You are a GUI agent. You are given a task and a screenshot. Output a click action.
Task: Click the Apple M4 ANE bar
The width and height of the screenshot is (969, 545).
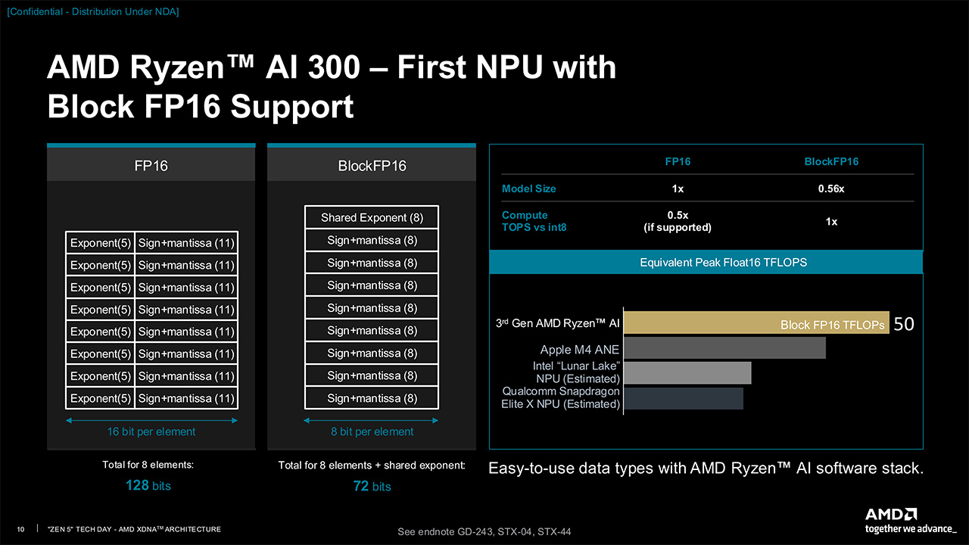pyautogui.click(x=724, y=348)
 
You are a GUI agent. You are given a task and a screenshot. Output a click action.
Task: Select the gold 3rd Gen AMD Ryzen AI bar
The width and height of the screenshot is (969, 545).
pyautogui.click(x=756, y=322)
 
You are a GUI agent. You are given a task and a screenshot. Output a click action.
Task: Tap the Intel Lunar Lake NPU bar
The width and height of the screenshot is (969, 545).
pyautogui.click(x=687, y=372)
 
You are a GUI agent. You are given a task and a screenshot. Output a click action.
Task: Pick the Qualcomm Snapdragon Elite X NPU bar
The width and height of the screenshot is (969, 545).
pyautogui.click(x=684, y=397)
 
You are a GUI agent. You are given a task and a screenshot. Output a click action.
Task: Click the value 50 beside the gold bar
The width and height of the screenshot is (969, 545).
pyautogui.click(x=904, y=324)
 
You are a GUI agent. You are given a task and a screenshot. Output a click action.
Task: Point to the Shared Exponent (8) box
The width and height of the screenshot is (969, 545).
pyautogui.click(x=372, y=217)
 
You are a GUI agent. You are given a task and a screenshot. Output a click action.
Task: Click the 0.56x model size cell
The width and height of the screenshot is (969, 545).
pyautogui.click(x=830, y=188)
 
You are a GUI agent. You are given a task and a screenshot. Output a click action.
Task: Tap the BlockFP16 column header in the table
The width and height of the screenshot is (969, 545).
pyautogui.click(x=830, y=161)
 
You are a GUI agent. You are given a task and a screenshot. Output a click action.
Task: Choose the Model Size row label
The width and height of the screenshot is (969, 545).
pyautogui.click(x=529, y=188)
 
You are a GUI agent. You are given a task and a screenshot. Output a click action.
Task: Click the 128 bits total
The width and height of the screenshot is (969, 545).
pyautogui.click(x=148, y=486)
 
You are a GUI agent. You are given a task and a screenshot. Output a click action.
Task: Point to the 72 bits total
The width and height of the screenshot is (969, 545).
pyautogui.click(x=372, y=486)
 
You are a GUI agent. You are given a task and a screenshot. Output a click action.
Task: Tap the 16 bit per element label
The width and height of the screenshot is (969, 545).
pyautogui.click(x=151, y=431)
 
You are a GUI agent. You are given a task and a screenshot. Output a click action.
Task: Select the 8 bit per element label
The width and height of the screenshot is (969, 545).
pyautogui.click(x=372, y=431)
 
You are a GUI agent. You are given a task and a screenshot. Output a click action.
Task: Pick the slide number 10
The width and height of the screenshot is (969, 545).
pyautogui.click(x=20, y=528)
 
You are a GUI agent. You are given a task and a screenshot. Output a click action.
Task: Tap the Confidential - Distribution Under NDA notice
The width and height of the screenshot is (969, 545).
pyautogui.click(x=93, y=11)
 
